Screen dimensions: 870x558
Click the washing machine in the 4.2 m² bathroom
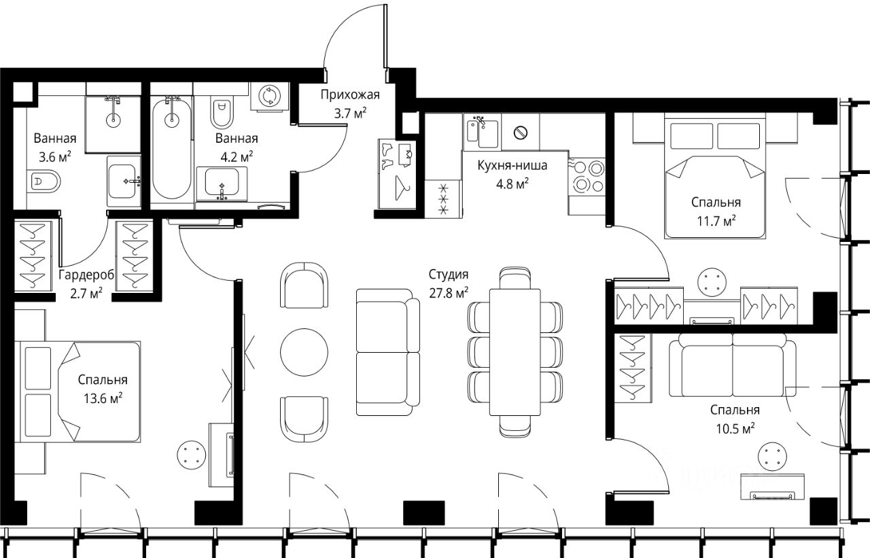coord(268,97)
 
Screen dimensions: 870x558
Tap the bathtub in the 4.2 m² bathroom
coord(171,147)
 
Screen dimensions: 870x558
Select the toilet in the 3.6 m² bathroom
coord(43,181)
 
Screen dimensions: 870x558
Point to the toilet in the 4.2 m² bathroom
coord(222,112)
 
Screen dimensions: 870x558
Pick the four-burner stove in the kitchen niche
coord(587,177)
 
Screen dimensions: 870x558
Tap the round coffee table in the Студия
coord(304,352)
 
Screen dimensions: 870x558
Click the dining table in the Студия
coord(515,352)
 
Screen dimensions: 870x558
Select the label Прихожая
coord(350,94)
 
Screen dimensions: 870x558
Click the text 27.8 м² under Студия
coord(449,292)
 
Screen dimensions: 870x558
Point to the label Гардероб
coord(86,275)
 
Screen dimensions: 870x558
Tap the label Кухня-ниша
coord(512,165)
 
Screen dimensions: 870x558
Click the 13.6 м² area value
coord(103,398)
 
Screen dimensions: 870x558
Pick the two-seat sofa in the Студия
coord(387,352)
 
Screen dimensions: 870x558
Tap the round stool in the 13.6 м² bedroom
coord(191,455)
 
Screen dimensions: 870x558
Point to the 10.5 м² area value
coord(735,429)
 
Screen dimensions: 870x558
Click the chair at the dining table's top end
coord(515,278)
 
